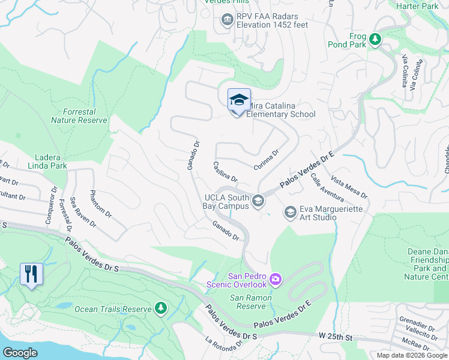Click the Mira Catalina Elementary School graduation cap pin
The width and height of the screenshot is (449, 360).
(239, 100)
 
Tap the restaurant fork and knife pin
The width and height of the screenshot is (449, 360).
(31, 274)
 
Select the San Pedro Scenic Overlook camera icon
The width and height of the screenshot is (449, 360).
(276, 278)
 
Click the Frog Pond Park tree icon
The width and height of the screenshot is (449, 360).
(375, 39)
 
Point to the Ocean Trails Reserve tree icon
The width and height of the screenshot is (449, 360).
(160, 308)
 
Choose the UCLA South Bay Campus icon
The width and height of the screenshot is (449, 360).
(259, 200)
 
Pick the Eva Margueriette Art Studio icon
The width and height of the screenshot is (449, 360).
(290, 212)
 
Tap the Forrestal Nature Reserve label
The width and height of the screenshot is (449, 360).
(79, 116)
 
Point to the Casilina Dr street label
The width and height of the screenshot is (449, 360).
(226, 172)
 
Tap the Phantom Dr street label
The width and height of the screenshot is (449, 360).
(100, 204)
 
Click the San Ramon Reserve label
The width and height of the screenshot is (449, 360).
(252, 302)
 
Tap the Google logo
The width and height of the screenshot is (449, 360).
(20, 352)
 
